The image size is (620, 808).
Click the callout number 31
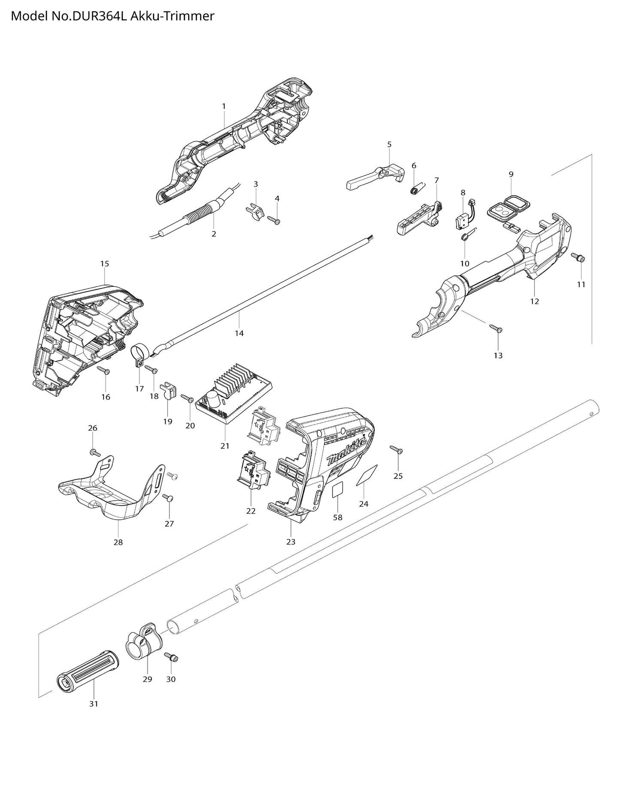coord(94,704)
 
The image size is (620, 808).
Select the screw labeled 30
coord(172,657)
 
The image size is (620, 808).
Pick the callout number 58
coord(338,517)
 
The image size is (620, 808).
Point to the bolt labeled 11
coord(579,258)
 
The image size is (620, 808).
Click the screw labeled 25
coord(396,450)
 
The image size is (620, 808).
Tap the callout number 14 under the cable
coord(239,333)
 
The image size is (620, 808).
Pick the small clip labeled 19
coord(167,391)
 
